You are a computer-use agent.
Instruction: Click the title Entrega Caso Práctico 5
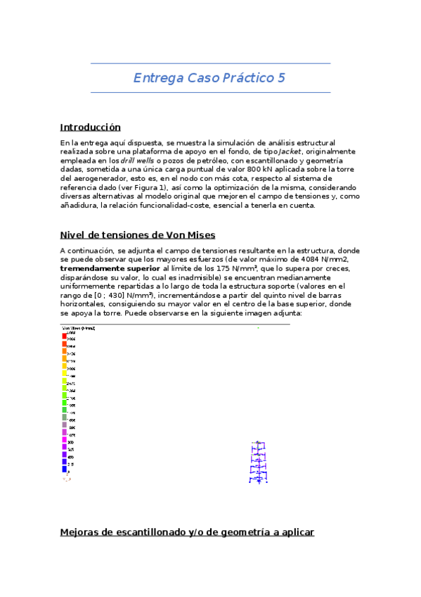click(209, 77)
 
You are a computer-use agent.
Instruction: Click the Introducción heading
click(91, 127)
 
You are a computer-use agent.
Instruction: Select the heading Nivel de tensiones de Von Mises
click(138, 234)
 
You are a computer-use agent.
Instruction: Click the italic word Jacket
click(290, 151)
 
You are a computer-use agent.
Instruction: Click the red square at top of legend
click(64, 337)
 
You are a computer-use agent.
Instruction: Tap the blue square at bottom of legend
click(64, 468)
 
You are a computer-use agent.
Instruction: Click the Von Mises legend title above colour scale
click(79, 329)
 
